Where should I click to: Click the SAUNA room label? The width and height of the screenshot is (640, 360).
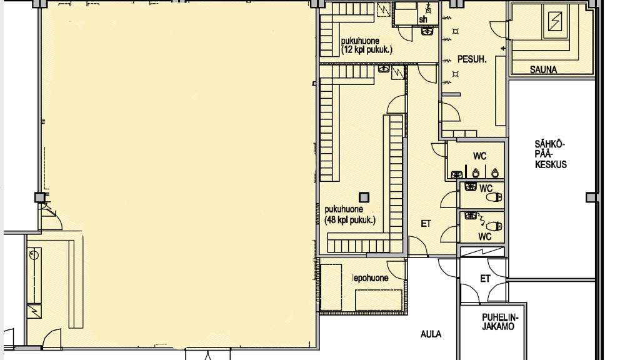click(x=543, y=70)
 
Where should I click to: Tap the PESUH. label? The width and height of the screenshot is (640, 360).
click(x=472, y=59)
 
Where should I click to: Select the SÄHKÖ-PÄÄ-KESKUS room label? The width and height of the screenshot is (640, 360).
click(x=551, y=154)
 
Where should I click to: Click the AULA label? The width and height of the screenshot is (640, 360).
click(x=431, y=334)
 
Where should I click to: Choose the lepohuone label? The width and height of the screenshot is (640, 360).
click(x=370, y=278)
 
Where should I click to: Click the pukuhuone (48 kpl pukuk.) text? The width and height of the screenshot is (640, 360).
click(x=350, y=215)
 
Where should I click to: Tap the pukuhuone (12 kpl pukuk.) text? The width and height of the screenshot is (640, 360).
click(x=366, y=45)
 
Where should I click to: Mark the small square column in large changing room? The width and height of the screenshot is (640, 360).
click(x=364, y=197)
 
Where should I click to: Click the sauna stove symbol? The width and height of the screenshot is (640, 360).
click(x=555, y=21)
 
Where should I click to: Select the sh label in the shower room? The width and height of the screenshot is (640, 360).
click(x=423, y=19)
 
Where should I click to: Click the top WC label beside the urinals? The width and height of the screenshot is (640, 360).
click(x=480, y=156)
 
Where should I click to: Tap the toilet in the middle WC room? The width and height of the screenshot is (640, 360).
click(x=494, y=197)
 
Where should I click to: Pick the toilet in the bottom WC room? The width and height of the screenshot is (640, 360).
click(x=494, y=226)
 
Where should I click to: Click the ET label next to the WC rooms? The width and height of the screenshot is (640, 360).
click(x=426, y=224)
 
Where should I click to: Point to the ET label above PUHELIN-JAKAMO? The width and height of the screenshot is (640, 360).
click(x=485, y=279)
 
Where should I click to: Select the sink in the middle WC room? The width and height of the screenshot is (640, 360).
click(x=471, y=187)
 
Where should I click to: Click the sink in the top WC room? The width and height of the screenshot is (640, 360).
click(x=457, y=175)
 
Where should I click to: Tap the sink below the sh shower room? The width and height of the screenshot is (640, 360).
click(x=427, y=31)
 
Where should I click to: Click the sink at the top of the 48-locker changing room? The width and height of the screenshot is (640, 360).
click(x=383, y=69)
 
